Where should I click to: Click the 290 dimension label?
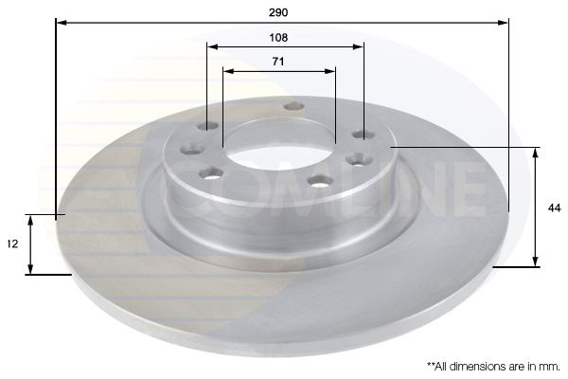click(x=278, y=12)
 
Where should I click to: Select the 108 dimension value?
click(x=278, y=37)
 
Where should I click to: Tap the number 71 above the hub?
click(x=278, y=62)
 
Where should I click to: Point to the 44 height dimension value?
click(x=554, y=208)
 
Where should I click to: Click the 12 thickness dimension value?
click(x=12, y=244)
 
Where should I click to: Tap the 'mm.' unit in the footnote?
click(x=550, y=367)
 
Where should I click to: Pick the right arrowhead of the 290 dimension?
click(x=503, y=23)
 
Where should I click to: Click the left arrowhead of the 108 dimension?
click(x=213, y=46)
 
